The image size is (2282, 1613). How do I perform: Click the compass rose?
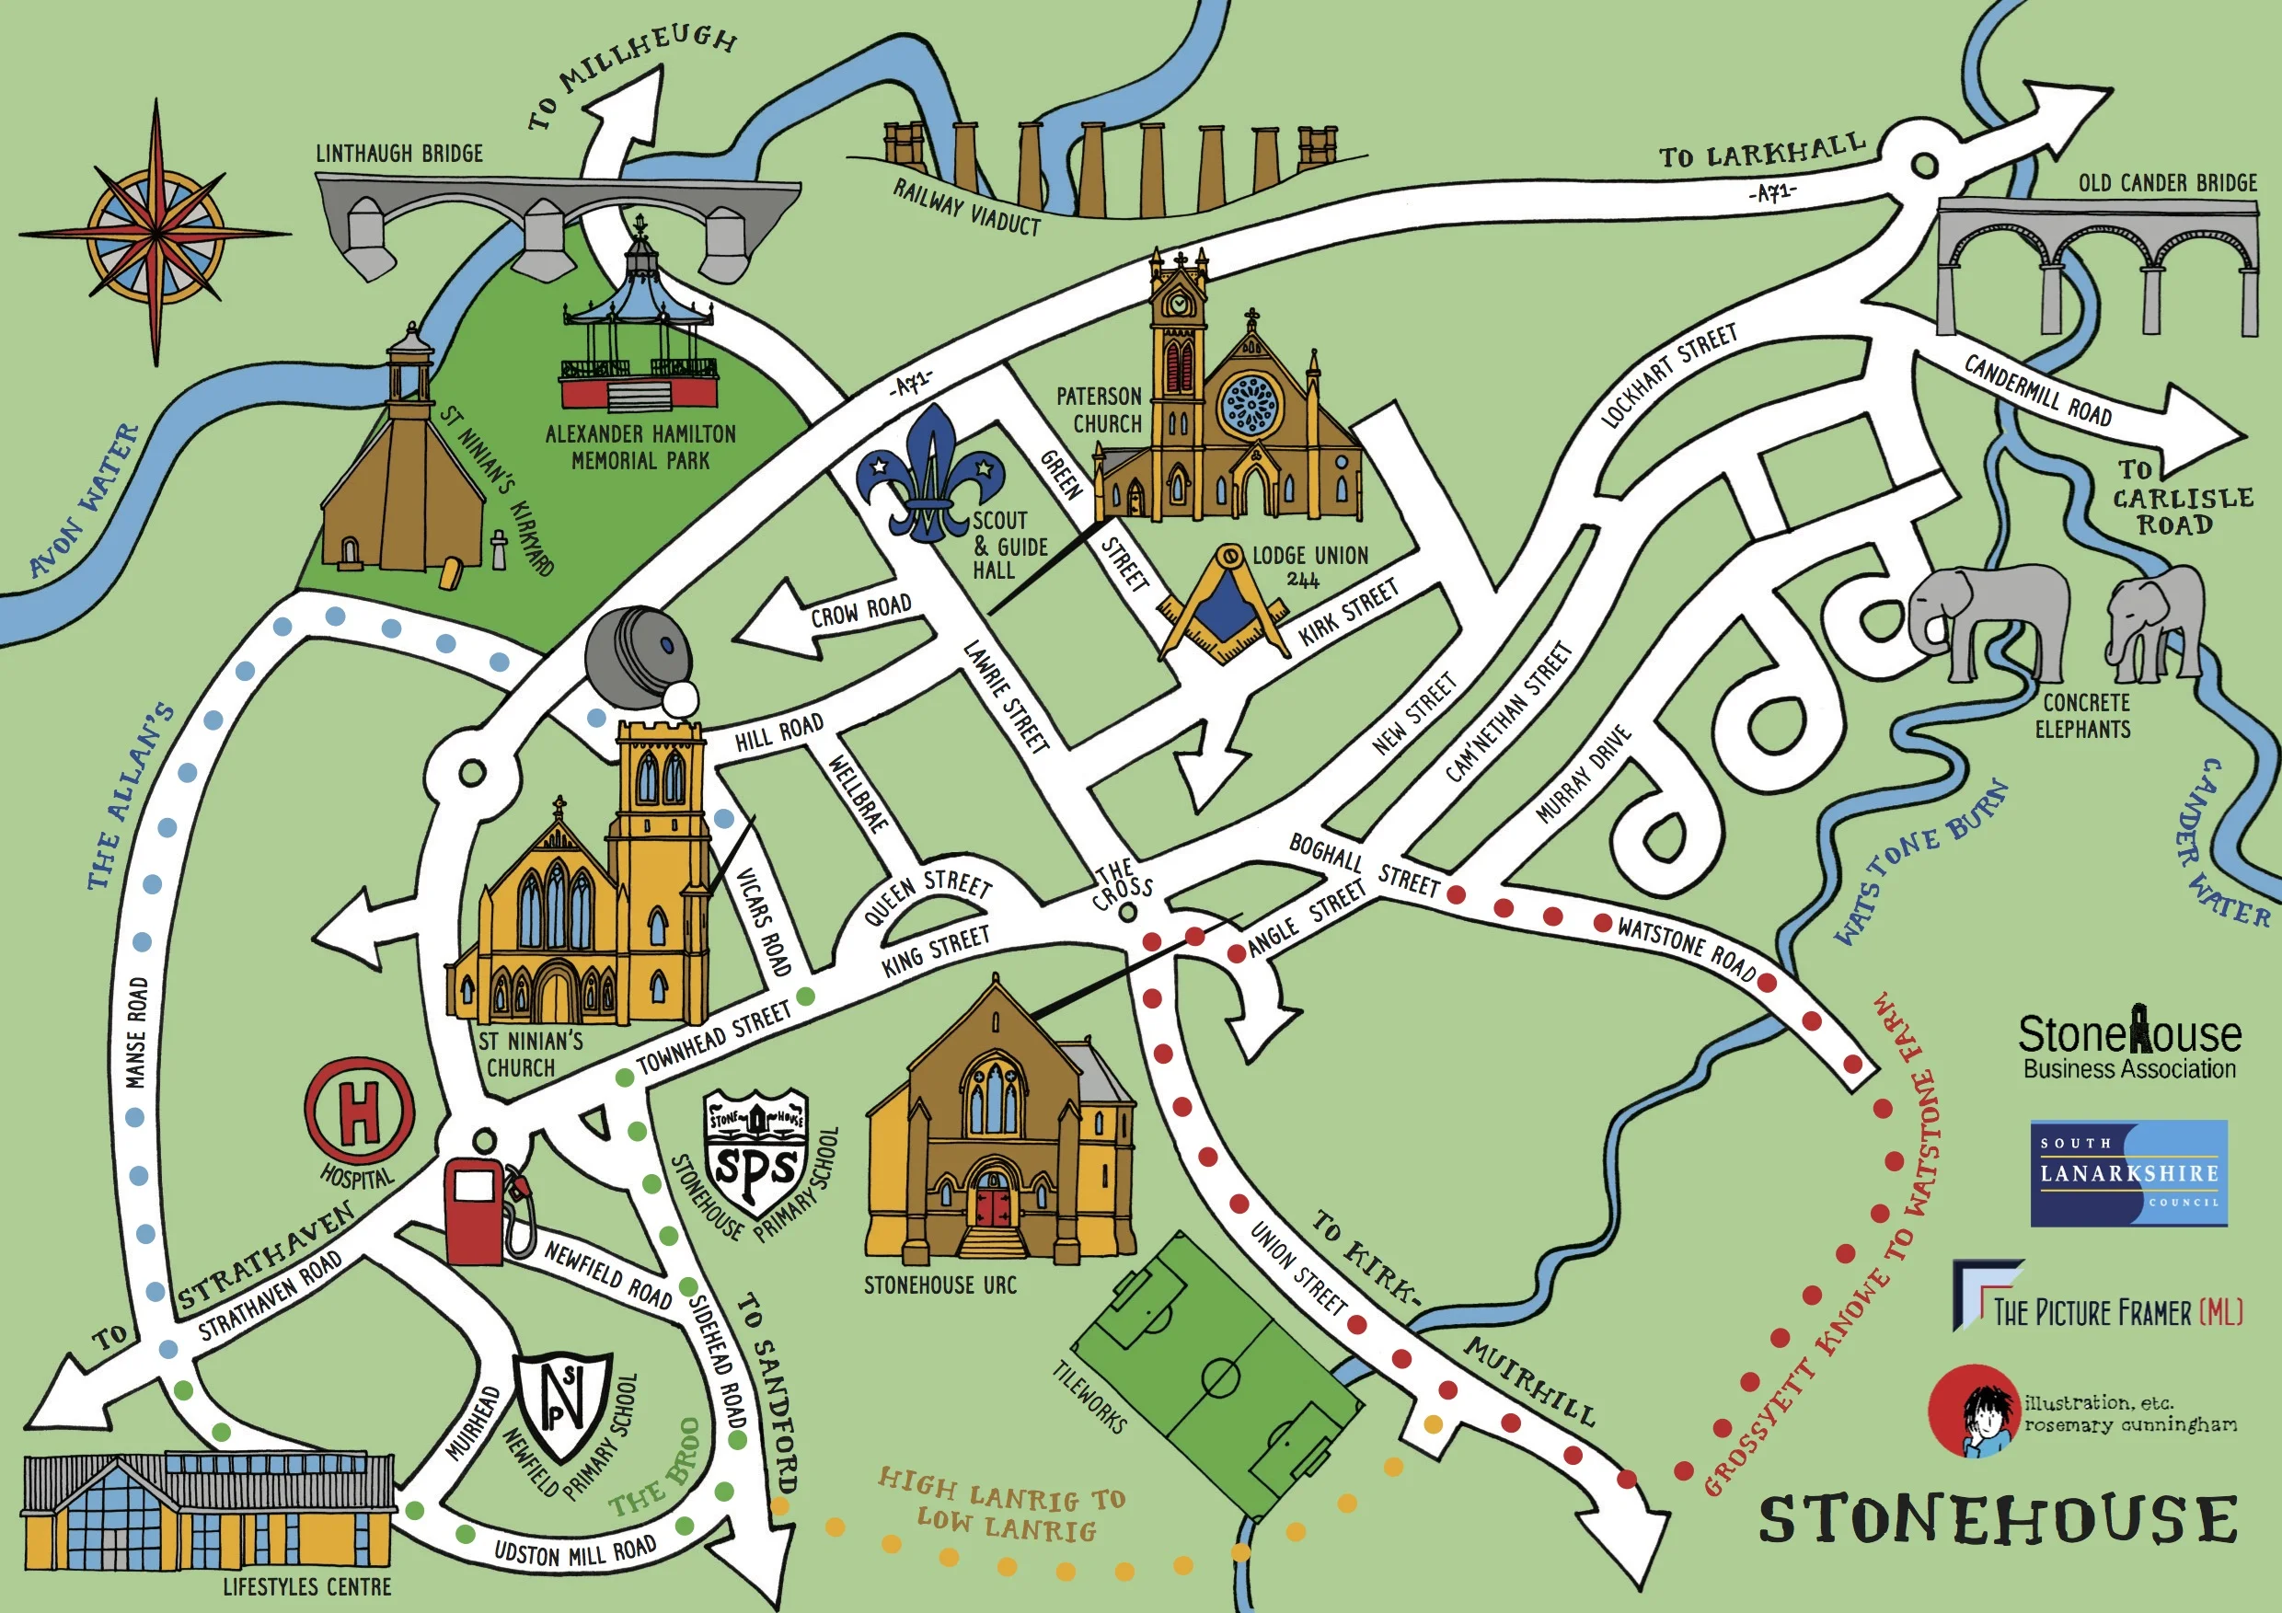[156, 236]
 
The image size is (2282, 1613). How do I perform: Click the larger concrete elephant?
[1988, 621]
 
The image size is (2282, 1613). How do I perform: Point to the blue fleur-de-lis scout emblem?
[928, 475]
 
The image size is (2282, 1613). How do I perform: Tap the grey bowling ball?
[637, 656]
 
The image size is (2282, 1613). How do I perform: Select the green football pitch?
[1218, 1377]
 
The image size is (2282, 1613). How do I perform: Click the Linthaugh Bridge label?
[399, 153]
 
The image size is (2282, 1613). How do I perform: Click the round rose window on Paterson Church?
[1249, 407]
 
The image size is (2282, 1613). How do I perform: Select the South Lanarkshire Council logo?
[2128, 1173]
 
